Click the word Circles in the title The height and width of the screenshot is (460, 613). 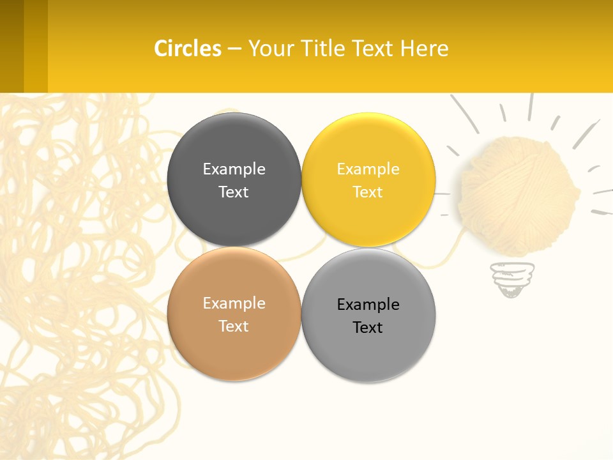[187, 49]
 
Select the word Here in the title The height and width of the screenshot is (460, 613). [424, 49]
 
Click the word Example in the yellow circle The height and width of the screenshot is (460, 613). [368, 169]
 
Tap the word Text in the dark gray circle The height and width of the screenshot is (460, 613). [234, 192]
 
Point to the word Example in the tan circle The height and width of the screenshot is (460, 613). [234, 303]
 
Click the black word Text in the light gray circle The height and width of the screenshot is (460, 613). [368, 328]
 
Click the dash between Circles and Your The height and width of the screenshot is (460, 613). [234, 49]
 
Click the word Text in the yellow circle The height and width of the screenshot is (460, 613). [368, 192]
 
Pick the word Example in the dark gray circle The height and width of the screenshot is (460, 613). [234, 169]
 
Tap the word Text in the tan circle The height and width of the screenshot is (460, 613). [234, 326]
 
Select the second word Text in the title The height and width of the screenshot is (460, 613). [374, 49]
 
